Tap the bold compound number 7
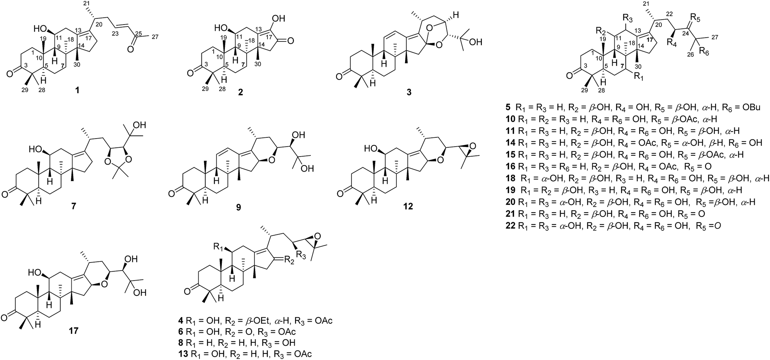[73, 206]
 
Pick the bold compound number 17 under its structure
[73, 330]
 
